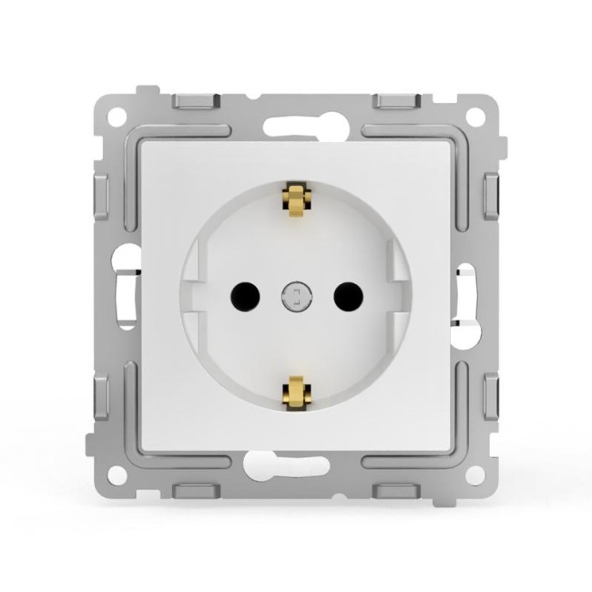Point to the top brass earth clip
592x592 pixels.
coord(295,199)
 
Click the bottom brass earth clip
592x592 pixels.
coord(295,392)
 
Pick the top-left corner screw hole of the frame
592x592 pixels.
coord(116,117)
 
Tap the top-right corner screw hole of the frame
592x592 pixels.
coord(475,117)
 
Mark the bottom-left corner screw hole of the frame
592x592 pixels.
coord(116,475)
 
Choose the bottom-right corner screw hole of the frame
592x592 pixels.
coord(475,475)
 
